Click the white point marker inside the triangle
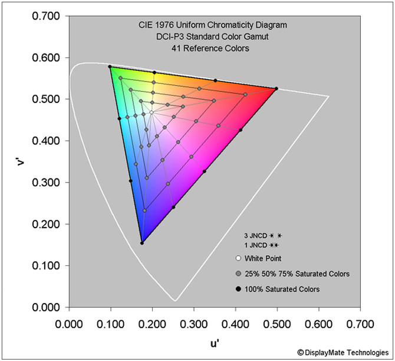[152, 112]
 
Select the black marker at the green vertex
[110, 67]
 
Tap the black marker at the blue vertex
[141, 243]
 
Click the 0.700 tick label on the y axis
[45, 16]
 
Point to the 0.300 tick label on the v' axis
[45, 183]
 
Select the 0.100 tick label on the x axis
[111, 324]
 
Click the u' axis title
[215, 342]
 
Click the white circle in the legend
[238, 258]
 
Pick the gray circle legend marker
[238, 274]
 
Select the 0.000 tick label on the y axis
[45, 307]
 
